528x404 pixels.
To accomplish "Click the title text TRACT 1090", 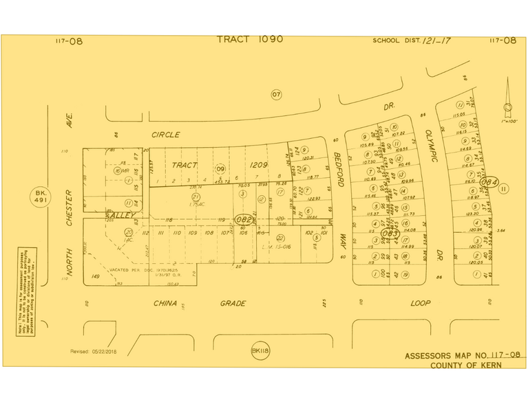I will (250, 39).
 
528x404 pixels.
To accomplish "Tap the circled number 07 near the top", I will (276, 94).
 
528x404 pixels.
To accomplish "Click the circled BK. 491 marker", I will (40, 199).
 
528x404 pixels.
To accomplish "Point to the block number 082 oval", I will (244, 219).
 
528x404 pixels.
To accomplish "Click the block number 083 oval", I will (390, 233).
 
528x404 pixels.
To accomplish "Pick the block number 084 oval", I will (488, 183).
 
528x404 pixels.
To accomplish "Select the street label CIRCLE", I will (166, 135).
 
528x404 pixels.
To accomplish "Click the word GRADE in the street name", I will (233, 303).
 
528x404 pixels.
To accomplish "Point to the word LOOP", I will (419, 302).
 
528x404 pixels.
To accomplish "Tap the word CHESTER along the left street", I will (69, 207).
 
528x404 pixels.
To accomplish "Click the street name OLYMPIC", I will (429, 146).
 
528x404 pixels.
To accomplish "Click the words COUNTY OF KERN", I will (465, 365).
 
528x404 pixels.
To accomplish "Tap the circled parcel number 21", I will (196, 197).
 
